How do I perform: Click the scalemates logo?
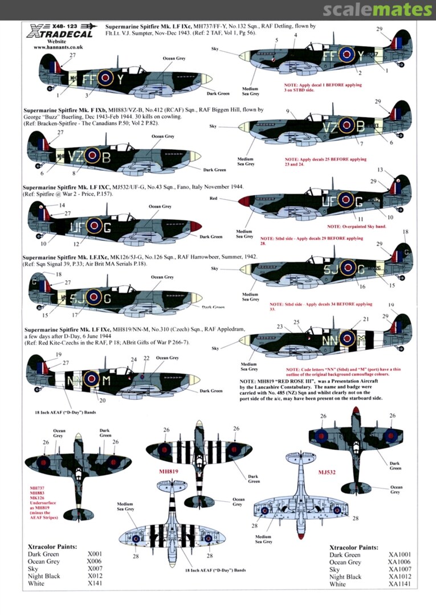[377, 10]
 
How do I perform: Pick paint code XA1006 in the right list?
[401, 562]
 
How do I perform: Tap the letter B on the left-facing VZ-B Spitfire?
[107, 155]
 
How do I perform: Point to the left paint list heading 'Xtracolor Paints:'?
[52, 546]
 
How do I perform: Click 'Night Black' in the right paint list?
[345, 577]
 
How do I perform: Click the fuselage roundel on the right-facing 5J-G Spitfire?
[345, 265]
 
